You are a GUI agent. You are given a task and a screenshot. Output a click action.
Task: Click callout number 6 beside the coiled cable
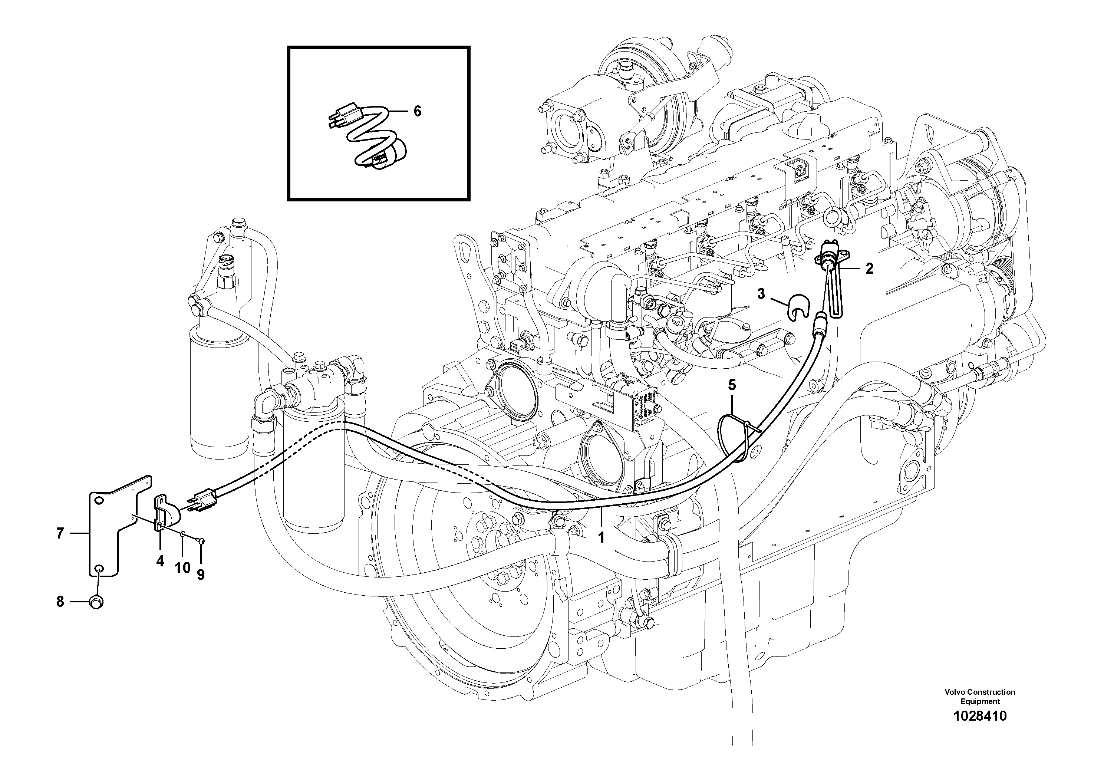click(417, 112)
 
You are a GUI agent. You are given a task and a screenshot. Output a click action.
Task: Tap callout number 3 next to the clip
click(761, 293)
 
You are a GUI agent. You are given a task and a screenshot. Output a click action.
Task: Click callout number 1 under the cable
click(601, 537)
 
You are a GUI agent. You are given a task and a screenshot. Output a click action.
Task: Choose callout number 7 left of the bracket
click(60, 533)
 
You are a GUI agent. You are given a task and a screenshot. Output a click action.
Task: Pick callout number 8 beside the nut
click(60, 602)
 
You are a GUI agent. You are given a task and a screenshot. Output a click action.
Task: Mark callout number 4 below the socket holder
click(160, 561)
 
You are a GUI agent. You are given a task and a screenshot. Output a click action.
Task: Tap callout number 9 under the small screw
click(201, 574)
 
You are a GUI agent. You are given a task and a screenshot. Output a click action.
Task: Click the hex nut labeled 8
click(96, 602)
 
